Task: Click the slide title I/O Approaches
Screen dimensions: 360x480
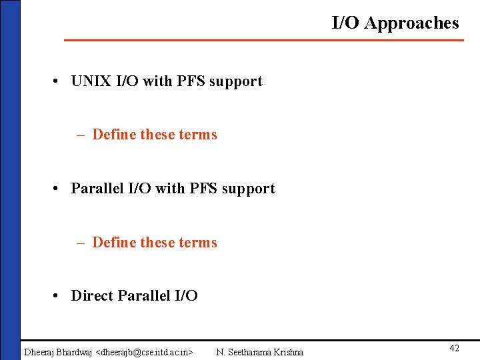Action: point(395,23)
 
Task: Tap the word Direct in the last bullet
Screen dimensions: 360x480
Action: point(91,295)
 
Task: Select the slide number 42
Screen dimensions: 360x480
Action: point(455,348)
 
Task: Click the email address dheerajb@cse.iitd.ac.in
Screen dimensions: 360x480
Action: point(145,352)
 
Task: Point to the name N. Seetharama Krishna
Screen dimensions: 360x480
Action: point(260,352)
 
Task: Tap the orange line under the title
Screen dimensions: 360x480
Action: point(263,41)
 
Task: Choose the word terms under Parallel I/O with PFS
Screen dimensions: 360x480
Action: point(197,243)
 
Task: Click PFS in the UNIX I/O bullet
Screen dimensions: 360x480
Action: point(190,81)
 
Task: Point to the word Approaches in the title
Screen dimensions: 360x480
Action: point(411,23)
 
